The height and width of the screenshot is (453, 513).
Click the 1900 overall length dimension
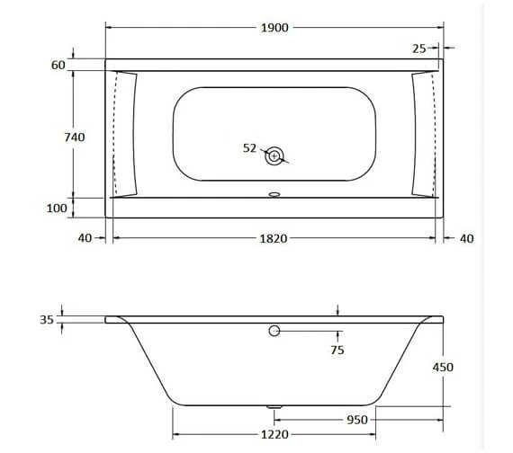coord(274,28)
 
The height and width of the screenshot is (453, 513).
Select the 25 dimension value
coord(419,48)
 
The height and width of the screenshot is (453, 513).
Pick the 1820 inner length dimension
coord(274,238)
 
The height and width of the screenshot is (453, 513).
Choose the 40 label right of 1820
coord(465,238)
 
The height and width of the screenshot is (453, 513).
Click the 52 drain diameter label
coord(250,148)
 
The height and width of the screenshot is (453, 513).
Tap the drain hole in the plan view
coord(274,156)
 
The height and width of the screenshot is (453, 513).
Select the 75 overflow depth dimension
coord(337,350)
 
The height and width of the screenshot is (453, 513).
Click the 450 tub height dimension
coord(442,367)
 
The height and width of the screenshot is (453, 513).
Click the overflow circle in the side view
coord(274,332)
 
